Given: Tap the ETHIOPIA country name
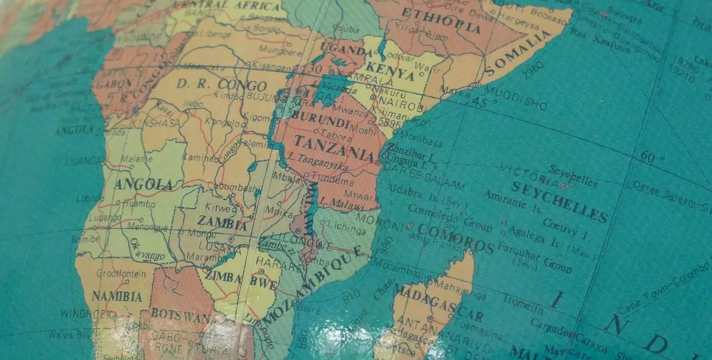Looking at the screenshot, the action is coord(441,21).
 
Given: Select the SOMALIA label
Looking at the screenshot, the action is coord(518,55).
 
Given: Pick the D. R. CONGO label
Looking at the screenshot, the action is coord(221,85).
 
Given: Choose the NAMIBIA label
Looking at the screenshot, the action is coord(117,296).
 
